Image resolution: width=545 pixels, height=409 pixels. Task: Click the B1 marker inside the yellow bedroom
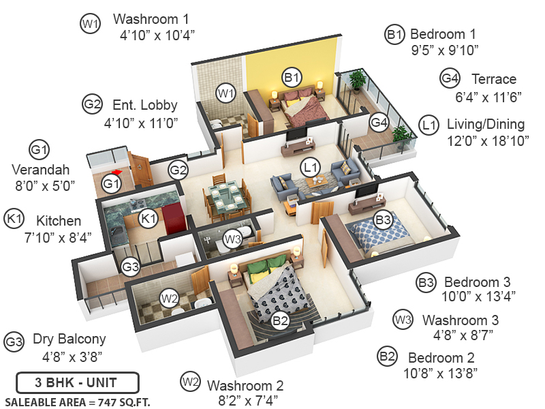[x=292, y=78]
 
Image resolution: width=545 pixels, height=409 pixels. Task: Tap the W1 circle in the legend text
[x=91, y=25]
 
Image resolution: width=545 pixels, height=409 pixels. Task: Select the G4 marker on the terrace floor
[x=379, y=123]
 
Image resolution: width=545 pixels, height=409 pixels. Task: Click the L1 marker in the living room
[x=311, y=166]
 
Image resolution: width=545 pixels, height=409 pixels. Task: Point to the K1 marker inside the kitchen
[x=148, y=219]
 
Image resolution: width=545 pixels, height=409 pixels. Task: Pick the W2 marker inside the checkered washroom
[x=170, y=298]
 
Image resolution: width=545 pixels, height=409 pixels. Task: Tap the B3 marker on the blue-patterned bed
[x=383, y=220]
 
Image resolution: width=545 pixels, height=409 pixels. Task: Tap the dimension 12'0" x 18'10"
[x=486, y=141]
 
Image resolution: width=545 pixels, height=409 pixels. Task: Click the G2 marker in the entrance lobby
[x=178, y=170]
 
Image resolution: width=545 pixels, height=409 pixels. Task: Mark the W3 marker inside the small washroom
[x=233, y=239]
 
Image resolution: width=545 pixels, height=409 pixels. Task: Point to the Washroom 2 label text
[x=245, y=385]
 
